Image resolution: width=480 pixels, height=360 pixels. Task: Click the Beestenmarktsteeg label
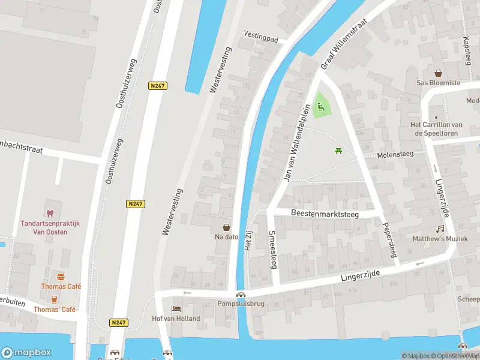click(x=324, y=213)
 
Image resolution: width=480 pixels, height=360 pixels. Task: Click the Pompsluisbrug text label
click(x=241, y=304)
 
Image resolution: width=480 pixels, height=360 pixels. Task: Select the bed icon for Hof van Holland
click(x=176, y=308)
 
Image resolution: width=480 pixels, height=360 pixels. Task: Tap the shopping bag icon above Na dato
click(x=227, y=227)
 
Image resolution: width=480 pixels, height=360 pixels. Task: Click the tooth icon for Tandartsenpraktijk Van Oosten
click(x=50, y=213)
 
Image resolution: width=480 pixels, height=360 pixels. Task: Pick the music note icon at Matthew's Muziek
click(x=440, y=229)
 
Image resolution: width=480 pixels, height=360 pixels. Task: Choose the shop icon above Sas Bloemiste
click(x=439, y=73)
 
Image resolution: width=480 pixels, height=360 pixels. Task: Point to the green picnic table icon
click(x=338, y=151)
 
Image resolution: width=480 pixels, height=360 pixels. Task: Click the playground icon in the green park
click(x=321, y=107)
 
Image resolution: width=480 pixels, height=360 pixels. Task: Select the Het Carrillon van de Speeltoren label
click(x=436, y=128)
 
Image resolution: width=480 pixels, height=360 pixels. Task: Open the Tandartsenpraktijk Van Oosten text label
click(x=50, y=227)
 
